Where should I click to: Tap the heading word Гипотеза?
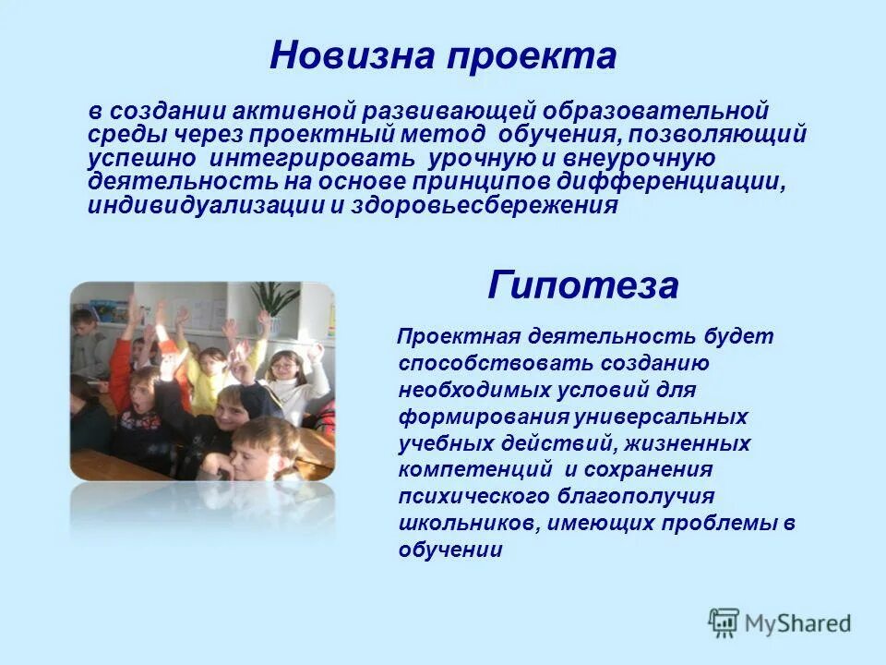point(582,286)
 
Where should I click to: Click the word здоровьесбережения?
point(485,205)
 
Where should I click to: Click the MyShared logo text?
point(797,623)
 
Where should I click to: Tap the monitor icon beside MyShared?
point(724,623)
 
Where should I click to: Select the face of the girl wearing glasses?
point(285,367)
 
